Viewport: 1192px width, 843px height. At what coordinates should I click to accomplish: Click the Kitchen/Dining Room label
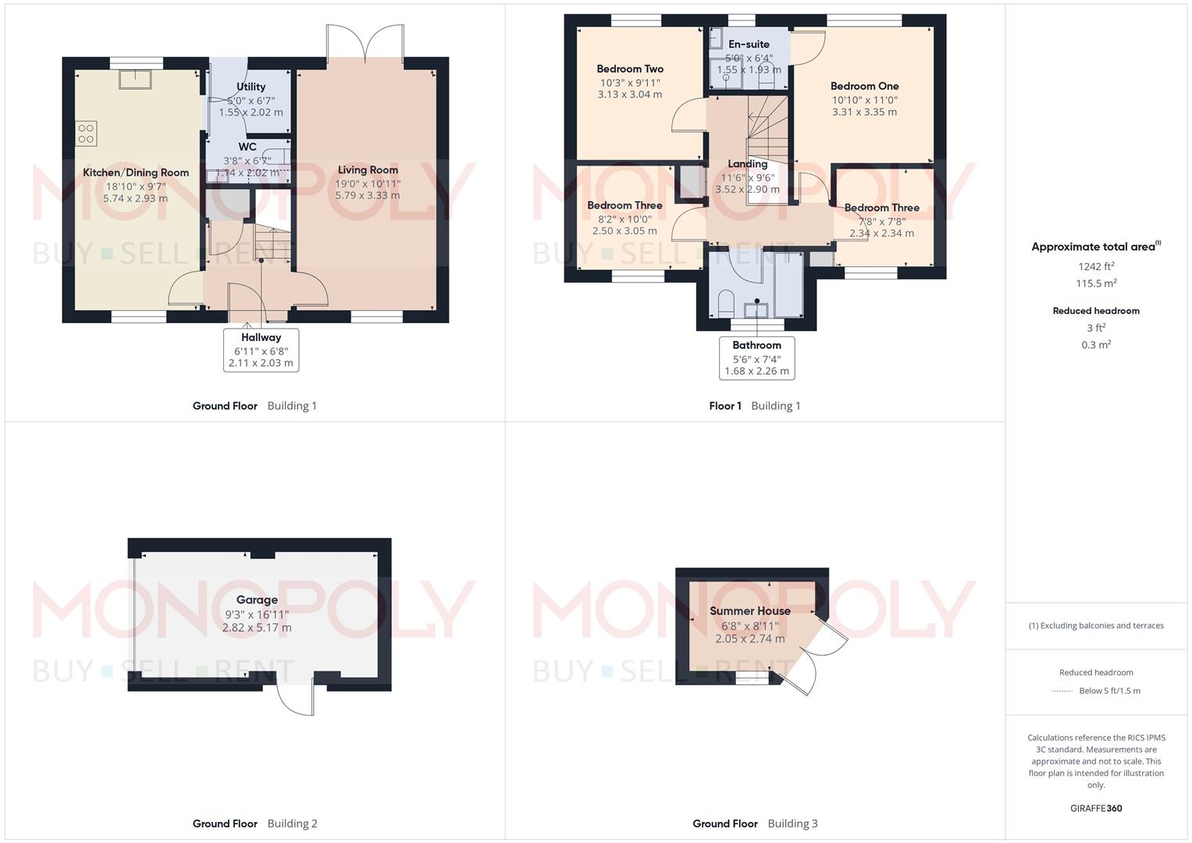[x=136, y=173]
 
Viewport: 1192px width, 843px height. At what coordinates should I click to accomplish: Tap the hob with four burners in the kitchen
[x=87, y=133]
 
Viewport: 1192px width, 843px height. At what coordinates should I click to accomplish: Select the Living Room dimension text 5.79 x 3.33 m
[x=367, y=195]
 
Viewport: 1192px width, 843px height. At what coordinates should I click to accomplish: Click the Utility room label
[x=251, y=87]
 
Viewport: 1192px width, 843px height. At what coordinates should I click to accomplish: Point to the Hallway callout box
[x=261, y=350]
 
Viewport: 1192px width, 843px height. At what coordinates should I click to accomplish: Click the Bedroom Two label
[x=630, y=69]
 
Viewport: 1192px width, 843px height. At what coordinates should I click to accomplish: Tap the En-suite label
[x=749, y=44]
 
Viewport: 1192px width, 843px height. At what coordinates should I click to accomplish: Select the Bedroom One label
[x=864, y=86]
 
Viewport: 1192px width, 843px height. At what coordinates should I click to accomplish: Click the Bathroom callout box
[x=756, y=358]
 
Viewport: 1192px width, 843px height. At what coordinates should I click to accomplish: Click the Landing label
[x=747, y=164]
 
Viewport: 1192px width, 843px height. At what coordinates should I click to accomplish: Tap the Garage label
[x=257, y=599]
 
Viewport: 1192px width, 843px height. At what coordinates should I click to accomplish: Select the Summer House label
[x=749, y=610]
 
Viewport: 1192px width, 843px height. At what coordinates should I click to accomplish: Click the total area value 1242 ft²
[x=1096, y=266]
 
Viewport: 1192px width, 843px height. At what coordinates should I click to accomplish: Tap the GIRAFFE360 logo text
[x=1096, y=808]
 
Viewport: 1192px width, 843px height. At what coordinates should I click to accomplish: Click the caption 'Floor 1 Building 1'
[x=754, y=406]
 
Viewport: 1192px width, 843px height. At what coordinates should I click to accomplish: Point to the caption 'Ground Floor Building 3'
[x=755, y=823]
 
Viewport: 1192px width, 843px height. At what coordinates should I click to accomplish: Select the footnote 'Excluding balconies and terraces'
[x=1096, y=625]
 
